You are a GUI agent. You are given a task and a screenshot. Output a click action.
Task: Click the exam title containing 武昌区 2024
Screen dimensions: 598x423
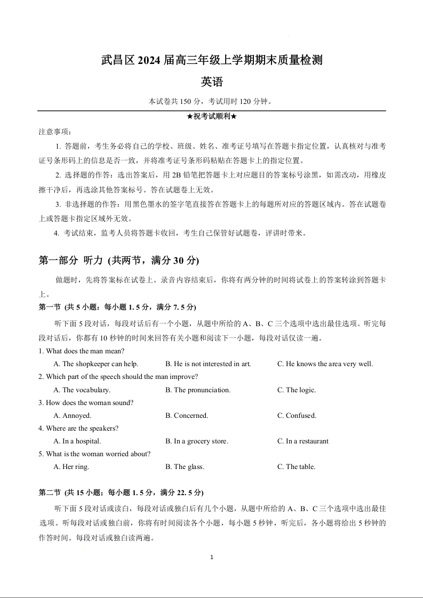211,61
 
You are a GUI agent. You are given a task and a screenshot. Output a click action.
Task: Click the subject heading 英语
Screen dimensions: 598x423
211,82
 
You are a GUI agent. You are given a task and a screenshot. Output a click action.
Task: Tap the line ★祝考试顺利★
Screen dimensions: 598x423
211,117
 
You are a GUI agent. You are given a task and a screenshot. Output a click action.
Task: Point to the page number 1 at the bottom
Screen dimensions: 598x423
212,557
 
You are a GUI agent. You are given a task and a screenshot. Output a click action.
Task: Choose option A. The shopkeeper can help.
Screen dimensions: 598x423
96,364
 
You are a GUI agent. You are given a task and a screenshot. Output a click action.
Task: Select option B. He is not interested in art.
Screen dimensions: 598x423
208,364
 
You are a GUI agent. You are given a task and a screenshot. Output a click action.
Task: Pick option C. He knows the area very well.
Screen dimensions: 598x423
325,364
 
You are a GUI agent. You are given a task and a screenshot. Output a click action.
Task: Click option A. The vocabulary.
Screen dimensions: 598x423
82,390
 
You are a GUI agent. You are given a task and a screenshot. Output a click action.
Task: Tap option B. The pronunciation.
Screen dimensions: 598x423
198,390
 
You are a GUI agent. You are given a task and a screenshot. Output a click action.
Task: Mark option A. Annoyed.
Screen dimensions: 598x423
73,415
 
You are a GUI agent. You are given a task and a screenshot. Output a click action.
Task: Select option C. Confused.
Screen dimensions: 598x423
297,415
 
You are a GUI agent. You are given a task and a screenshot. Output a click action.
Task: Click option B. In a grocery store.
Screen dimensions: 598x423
197,441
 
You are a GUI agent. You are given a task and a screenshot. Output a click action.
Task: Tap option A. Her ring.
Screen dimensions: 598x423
71,466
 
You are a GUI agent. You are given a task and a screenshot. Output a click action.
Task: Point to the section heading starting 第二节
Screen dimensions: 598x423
121,492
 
